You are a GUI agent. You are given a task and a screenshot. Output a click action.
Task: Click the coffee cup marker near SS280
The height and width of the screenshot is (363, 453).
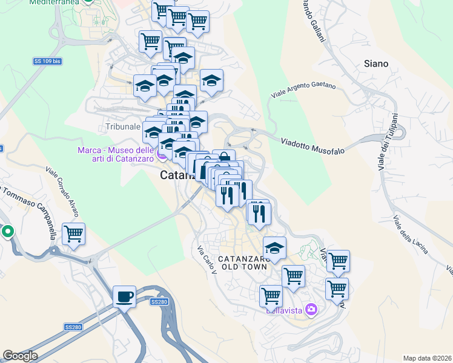pyautogui.click(x=125, y=297)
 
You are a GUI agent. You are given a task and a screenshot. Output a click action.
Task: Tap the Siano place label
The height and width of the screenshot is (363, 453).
pyautogui.click(x=376, y=64)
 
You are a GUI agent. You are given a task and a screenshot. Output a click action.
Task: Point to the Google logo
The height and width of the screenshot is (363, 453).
pyautogui.click(x=20, y=356)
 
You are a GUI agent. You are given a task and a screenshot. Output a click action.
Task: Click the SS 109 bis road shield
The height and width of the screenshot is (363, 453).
pyautogui.click(x=47, y=62)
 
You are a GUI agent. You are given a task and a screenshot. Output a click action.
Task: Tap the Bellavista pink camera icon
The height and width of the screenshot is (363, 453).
pyautogui.click(x=311, y=309)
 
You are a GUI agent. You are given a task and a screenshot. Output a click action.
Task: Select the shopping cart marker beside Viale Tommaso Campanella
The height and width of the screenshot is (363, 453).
pyautogui.click(x=74, y=234)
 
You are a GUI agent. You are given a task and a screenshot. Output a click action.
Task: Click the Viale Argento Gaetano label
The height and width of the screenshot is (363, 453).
pyautogui.click(x=303, y=91)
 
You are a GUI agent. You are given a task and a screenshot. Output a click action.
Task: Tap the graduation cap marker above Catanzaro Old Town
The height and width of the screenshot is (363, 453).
pyautogui.click(x=274, y=248)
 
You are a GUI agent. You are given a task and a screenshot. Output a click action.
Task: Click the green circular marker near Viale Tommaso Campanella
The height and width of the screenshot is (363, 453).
pyautogui.click(x=7, y=231)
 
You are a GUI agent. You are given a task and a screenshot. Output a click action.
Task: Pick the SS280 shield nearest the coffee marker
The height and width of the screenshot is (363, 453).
pyautogui.click(x=158, y=301)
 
